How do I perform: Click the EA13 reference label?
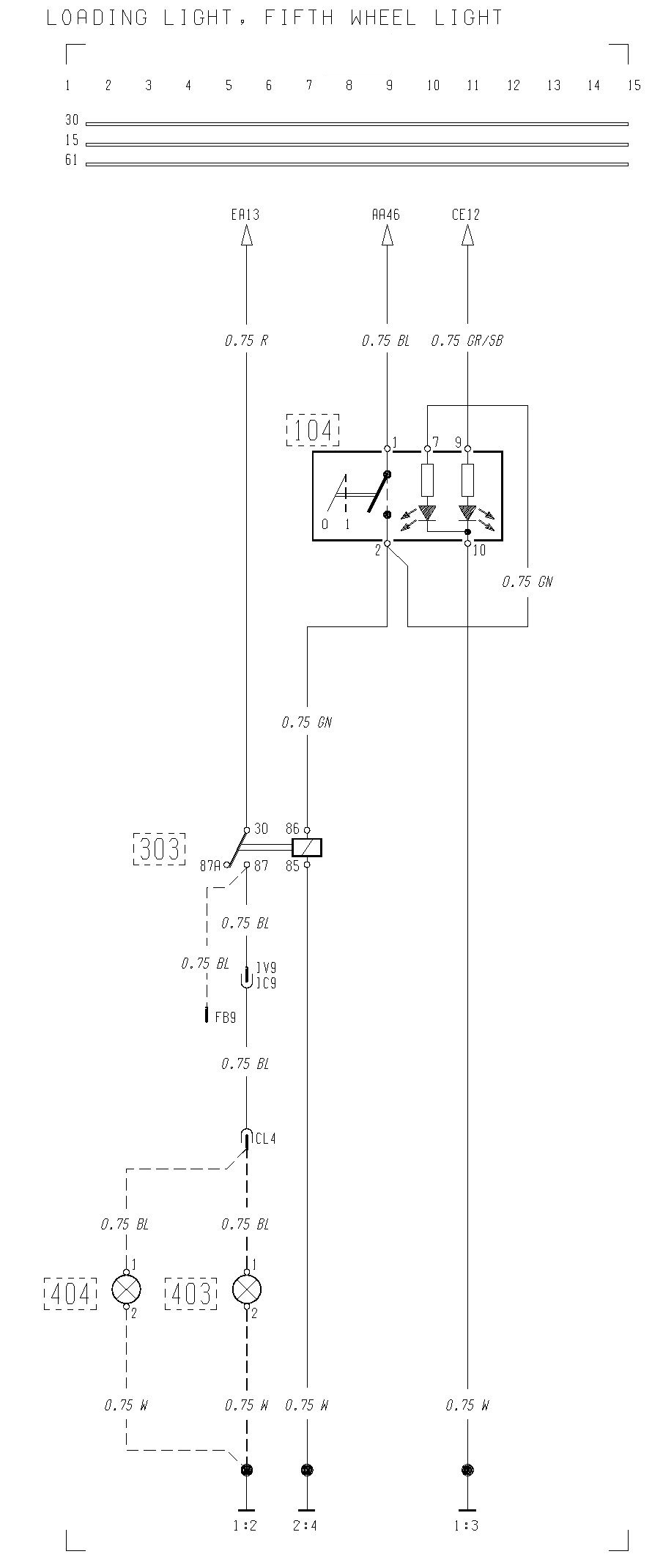point(245,215)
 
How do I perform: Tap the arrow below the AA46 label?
point(387,236)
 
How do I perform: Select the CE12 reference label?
point(466,215)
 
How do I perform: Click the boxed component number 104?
point(313,430)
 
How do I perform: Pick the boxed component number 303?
point(160,848)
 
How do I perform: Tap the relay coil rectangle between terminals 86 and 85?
point(307,848)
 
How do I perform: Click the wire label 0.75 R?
point(246,341)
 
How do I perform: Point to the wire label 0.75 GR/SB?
point(467,341)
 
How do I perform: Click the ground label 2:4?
point(307,1526)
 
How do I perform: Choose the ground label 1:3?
point(467,1526)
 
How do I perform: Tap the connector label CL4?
point(265,1139)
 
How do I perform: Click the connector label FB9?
point(226,1018)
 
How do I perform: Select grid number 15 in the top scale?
point(634,86)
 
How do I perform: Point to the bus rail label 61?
point(71,160)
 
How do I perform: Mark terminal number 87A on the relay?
point(210,866)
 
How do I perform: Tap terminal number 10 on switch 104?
point(479,550)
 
